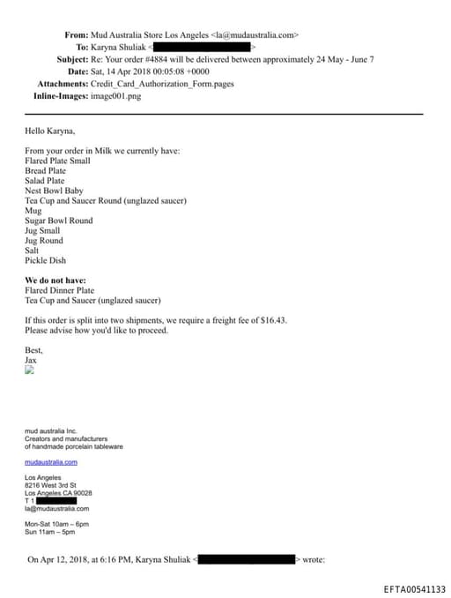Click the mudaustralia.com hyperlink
(x=51, y=461)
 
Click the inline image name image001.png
(x=115, y=96)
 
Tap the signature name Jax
(x=31, y=360)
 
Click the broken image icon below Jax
(x=29, y=371)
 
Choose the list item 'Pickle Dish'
(x=46, y=260)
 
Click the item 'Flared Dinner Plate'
(x=60, y=290)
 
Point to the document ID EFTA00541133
(x=414, y=589)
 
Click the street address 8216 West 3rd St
(x=51, y=485)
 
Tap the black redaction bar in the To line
(x=203, y=47)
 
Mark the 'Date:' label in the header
(x=78, y=71)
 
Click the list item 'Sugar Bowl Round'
(x=58, y=221)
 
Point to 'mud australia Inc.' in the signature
(x=53, y=430)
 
